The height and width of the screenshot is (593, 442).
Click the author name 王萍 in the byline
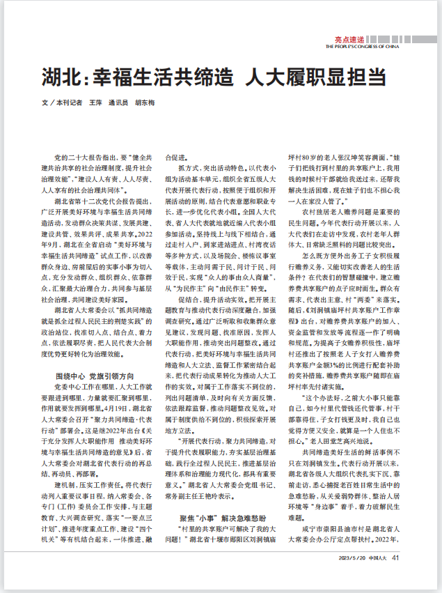pos(95,102)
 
